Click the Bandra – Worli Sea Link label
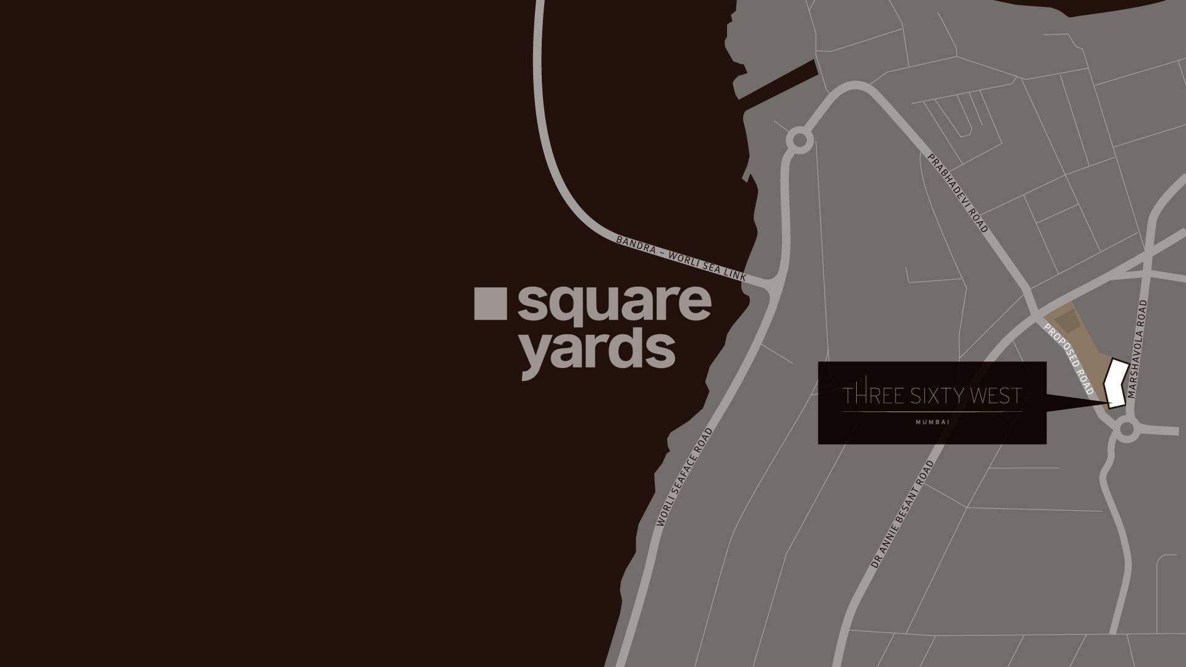(681, 258)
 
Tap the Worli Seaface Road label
(684, 477)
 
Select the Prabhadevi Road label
(958, 193)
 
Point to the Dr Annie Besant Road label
(902, 514)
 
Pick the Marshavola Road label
(1137, 349)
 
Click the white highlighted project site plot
(1116, 383)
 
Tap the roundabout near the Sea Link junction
(800, 140)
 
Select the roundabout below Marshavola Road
(1127, 430)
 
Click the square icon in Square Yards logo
(490, 304)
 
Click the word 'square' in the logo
(614, 304)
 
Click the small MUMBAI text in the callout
(932, 422)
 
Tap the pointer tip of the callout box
(1109, 404)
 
